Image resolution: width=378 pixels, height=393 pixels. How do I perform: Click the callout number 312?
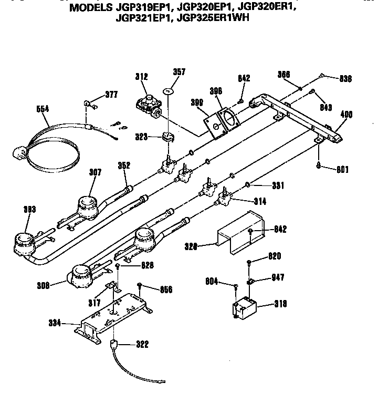[x=141, y=77]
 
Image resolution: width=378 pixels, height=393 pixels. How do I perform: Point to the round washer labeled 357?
[x=168, y=92]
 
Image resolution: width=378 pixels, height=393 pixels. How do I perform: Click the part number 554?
[x=43, y=109]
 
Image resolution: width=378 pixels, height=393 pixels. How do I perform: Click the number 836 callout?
[x=345, y=79]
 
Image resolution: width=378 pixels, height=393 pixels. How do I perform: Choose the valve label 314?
[x=260, y=201]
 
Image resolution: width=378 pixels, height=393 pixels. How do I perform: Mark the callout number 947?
[x=278, y=278]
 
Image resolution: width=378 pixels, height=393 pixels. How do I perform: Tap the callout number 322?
[x=142, y=345]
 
